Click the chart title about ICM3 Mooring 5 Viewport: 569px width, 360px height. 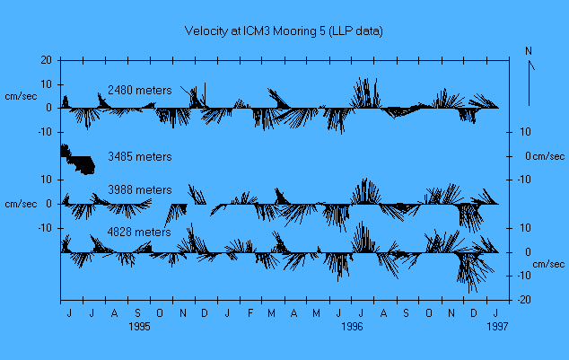(284, 31)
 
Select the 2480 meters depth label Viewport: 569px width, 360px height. (139, 91)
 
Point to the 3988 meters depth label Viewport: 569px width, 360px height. (139, 190)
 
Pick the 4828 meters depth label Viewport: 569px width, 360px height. (139, 233)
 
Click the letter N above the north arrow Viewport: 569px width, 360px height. (530, 50)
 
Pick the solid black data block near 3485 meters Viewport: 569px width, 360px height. (79, 161)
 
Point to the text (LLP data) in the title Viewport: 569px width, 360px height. (354, 31)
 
